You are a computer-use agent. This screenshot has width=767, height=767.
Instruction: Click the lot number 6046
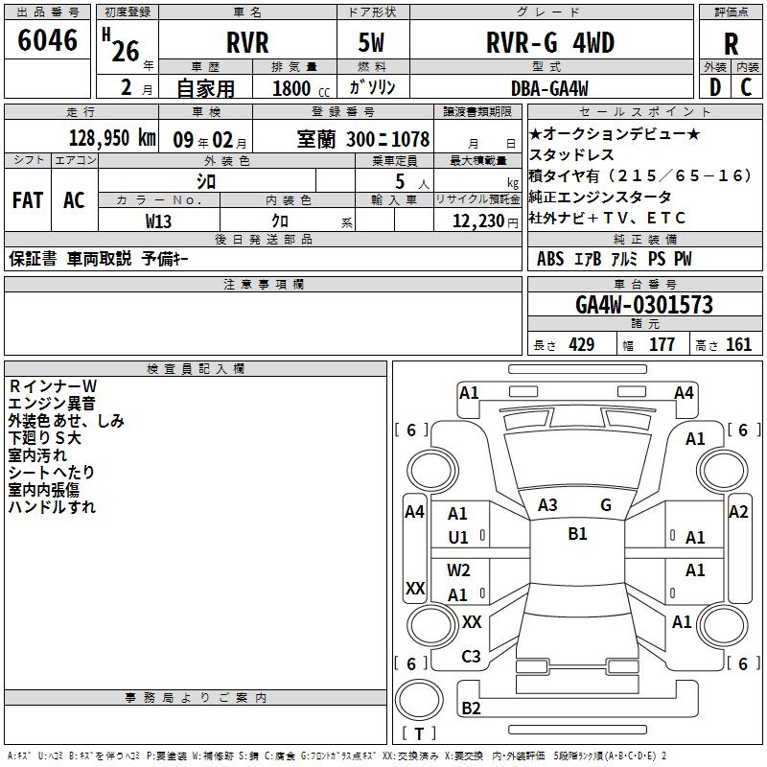click(x=48, y=41)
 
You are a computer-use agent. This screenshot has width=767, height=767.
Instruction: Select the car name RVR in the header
click(x=247, y=43)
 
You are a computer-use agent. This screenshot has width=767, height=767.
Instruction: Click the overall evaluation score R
click(x=731, y=44)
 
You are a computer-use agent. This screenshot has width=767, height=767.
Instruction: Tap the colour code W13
click(x=159, y=221)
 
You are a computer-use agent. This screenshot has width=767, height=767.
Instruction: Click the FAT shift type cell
click(x=28, y=200)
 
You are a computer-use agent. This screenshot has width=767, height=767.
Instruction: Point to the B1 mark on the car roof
click(x=577, y=534)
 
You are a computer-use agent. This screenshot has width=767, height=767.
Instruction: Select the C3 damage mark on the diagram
click(x=471, y=657)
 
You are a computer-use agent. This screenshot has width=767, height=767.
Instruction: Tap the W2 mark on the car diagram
click(x=458, y=570)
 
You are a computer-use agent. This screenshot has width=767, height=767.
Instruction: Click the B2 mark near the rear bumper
click(x=471, y=709)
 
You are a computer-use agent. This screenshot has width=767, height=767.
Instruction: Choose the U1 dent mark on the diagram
click(x=458, y=538)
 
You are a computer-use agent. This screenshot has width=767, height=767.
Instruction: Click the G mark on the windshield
click(x=606, y=504)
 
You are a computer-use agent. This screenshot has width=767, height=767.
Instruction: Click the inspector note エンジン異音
click(x=52, y=403)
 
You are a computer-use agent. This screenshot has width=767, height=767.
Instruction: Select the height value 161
click(x=739, y=345)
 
